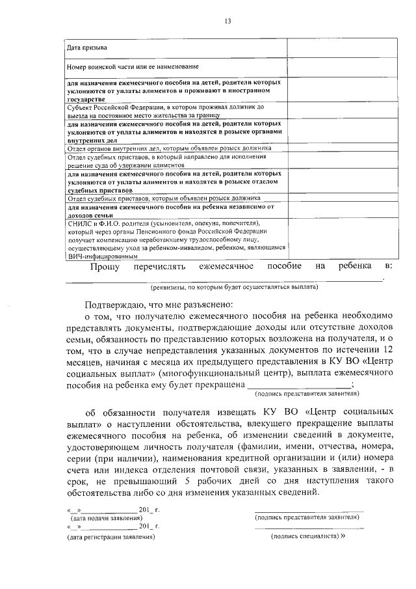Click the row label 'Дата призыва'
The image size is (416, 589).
(88, 48)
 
